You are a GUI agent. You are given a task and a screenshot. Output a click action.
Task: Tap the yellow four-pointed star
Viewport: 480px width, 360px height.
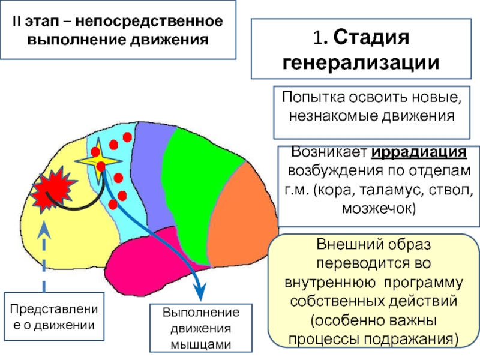[98, 161]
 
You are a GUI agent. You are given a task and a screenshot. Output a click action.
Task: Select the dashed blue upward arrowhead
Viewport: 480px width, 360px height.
[44, 230]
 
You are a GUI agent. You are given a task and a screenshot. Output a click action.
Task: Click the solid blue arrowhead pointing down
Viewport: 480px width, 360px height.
[200, 292]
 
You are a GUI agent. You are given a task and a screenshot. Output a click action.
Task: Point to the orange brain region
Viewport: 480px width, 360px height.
[242, 214]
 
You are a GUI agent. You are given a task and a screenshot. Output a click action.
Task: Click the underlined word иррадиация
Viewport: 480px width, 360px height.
[419, 152]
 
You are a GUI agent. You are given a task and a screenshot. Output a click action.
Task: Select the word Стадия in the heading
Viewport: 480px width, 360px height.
[371, 37]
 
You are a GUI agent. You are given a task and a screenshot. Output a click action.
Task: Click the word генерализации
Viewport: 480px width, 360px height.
[361, 63]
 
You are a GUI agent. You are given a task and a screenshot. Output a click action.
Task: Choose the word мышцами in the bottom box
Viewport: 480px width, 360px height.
[201, 344]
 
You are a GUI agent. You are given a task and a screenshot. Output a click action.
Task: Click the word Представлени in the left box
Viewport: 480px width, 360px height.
[54, 309]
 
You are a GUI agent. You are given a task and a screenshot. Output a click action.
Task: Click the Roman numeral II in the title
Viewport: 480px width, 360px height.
[16, 22]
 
